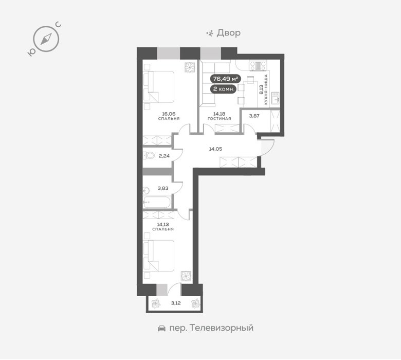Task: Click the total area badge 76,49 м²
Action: (225, 79)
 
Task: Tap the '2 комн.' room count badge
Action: (223, 89)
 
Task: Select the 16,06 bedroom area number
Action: (169, 114)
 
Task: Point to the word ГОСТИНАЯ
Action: (219, 119)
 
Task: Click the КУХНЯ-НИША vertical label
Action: (266, 89)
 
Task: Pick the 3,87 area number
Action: (254, 116)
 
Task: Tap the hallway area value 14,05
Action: (215, 149)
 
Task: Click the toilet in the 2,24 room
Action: (149, 155)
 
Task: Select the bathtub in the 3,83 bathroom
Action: (157, 202)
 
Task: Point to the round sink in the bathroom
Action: (146, 191)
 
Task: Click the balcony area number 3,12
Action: (176, 303)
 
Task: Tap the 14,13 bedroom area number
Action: (163, 224)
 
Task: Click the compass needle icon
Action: (46, 39)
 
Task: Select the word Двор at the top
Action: (229, 33)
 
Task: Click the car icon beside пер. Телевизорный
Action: (161, 328)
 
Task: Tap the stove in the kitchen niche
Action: (258, 65)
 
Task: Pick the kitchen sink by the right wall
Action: (275, 98)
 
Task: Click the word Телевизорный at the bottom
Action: (222, 328)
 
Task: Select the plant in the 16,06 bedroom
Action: (190, 67)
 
